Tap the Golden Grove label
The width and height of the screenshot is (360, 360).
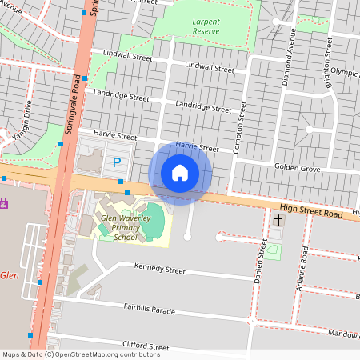(298, 169)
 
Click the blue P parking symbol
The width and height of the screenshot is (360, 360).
(117, 163)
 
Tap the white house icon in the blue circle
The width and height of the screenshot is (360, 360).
(180, 173)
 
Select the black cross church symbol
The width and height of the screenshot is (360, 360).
(278, 219)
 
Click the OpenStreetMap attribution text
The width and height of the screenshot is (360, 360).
(80, 354)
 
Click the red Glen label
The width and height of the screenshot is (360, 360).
(9, 275)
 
